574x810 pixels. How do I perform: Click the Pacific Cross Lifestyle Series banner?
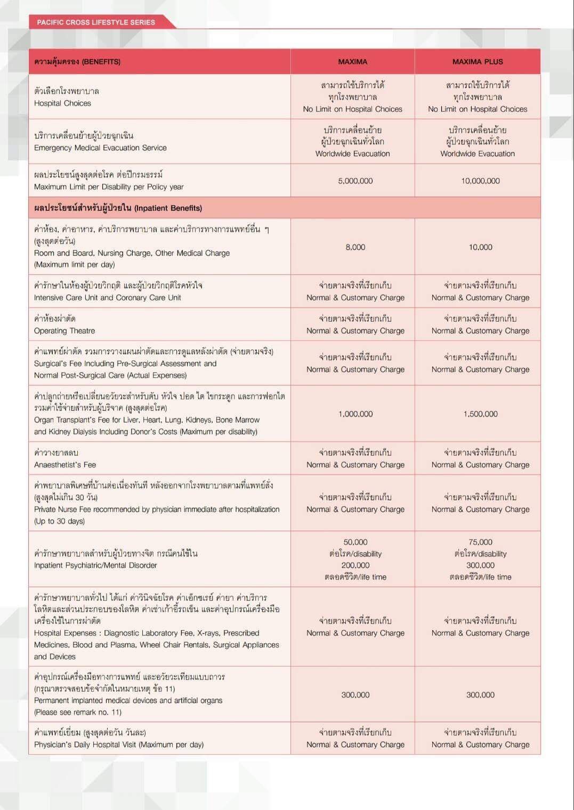pos(96,22)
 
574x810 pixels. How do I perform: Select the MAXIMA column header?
pos(352,62)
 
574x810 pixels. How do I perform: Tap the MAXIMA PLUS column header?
pos(478,62)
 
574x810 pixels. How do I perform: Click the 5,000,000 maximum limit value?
pos(355,181)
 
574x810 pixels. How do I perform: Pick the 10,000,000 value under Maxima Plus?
pos(480,181)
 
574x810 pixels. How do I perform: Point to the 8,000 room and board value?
pos(355,247)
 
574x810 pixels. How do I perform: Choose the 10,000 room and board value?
pos(480,247)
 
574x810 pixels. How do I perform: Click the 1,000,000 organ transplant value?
pos(355,414)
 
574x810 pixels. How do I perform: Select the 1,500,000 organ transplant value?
pos(480,414)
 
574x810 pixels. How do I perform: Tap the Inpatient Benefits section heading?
pos(118,208)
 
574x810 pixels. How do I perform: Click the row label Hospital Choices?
pos(62,103)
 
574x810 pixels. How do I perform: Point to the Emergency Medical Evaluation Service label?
pos(100,148)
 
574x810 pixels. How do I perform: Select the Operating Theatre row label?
pos(64,331)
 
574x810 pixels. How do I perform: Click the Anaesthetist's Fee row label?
pos(65,465)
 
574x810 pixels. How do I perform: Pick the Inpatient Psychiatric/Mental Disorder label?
pos(95,566)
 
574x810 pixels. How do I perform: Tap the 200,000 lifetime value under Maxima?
pos(355,566)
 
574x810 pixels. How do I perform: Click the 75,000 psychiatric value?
pos(480,542)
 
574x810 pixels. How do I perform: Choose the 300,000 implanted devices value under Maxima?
pos(355,695)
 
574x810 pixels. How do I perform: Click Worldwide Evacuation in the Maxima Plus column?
pos(478,154)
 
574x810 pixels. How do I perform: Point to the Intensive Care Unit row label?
pos(107,298)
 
